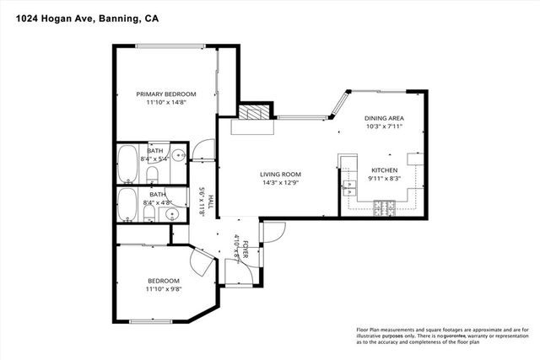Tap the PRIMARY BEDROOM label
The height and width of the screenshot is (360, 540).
pos(166,94)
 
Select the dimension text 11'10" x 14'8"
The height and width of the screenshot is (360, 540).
pos(166,103)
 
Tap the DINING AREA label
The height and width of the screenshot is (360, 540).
pos(383,118)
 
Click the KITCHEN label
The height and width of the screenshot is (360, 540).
pos(384,169)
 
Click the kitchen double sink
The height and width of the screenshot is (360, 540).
pos(348,187)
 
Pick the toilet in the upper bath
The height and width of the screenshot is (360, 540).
pos(153,175)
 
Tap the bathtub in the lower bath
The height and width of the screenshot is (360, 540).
pos(128,204)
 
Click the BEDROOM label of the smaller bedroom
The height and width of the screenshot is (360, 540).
pos(164,281)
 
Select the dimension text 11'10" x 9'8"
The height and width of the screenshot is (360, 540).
pos(164,289)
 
